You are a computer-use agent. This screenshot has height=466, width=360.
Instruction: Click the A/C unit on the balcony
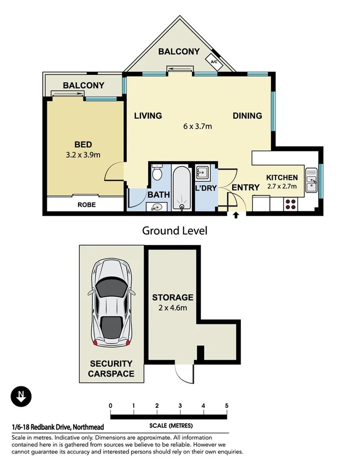(214, 62)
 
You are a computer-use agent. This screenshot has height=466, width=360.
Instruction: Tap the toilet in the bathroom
(157, 173)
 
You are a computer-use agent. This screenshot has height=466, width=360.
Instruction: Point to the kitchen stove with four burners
(291, 204)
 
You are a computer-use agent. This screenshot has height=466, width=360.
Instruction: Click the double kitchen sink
(312, 180)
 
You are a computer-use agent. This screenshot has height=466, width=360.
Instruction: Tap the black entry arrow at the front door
(235, 216)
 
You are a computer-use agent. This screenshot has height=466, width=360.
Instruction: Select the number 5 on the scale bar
(227, 406)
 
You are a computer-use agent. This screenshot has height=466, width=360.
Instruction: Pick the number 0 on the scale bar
(110, 406)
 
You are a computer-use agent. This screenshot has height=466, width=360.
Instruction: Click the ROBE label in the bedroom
(86, 205)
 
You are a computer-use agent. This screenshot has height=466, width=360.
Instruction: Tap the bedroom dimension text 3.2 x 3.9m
(83, 155)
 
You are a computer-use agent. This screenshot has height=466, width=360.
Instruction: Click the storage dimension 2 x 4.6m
(172, 307)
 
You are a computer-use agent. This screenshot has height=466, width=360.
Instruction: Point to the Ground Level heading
(174, 231)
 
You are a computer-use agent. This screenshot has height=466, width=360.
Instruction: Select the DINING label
(247, 116)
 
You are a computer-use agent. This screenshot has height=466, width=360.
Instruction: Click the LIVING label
(148, 116)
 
